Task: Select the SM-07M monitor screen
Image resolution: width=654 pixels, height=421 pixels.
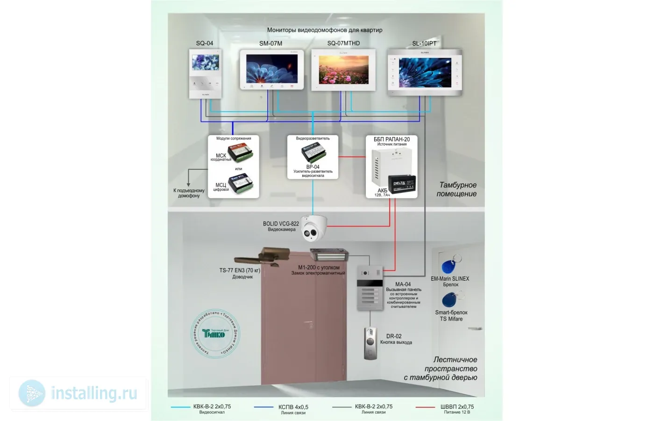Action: point(272,69)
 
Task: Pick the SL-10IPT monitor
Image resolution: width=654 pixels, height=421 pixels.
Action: point(425,72)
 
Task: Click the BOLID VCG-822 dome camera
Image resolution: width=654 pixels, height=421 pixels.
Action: point(313,228)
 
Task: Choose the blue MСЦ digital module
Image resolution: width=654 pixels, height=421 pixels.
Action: point(240,183)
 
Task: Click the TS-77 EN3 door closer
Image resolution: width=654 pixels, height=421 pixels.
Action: point(259,257)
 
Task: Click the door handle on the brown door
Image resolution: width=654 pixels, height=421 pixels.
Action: point(309,323)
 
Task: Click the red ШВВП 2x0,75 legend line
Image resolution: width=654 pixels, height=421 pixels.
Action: point(425,407)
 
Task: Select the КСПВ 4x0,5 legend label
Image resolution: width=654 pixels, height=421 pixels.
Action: point(293,407)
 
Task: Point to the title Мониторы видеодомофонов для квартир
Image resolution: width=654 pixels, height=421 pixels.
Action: point(325,30)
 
